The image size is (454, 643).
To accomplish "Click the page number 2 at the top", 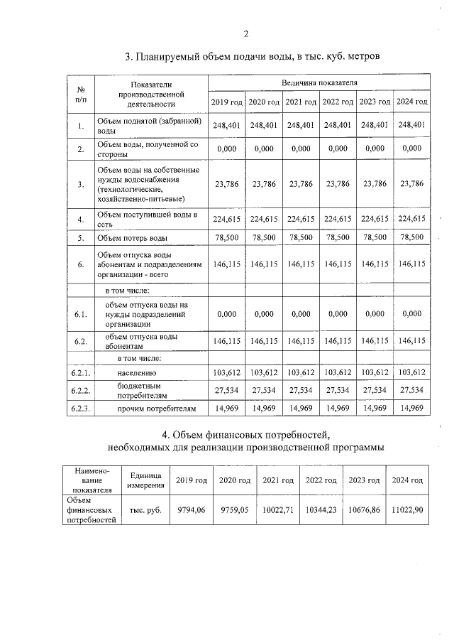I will pyautogui.click(x=245, y=33).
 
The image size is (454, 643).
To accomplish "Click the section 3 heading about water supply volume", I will pyautogui.click(x=253, y=56).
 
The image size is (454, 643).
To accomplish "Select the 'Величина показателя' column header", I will pyautogui.click(x=319, y=83).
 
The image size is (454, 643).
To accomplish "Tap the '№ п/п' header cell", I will pyautogui.click(x=81, y=93).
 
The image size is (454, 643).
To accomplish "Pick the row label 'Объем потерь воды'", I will pyautogui.click(x=137, y=238).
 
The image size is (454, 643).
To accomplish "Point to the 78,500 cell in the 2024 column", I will pyautogui.click(x=412, y=237).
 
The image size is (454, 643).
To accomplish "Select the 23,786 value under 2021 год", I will pyautogui.click(x=301, y=183).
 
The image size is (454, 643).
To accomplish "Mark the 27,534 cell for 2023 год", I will pyautogui.click(x=375, y=390).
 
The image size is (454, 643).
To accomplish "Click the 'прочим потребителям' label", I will pyautogui.click(x=145, y=408).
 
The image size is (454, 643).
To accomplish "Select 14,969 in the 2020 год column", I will pyautogui.click(x=263, y=408).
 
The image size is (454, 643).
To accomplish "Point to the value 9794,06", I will pyautogui.click(x=191, y=509).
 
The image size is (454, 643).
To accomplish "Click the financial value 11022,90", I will pyautogui.click(x=407, y=509).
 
